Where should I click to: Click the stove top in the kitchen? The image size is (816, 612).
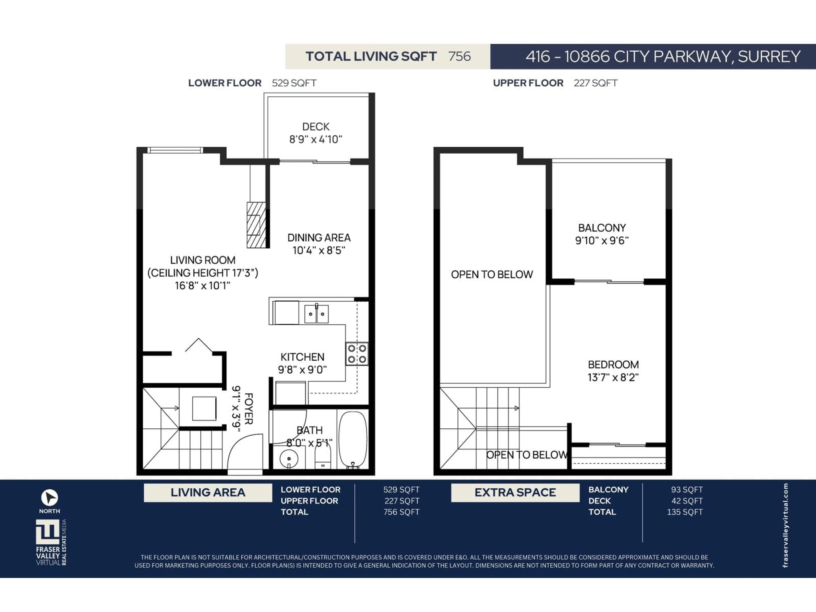tap(357, 353)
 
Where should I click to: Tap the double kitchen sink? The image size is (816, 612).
tap(316, 314)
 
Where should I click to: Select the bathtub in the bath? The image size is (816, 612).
tap(353, 440)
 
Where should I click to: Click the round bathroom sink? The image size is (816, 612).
tap(289, 459)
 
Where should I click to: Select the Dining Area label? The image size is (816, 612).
tap(319, 238)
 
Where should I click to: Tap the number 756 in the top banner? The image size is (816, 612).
tap(459, 57)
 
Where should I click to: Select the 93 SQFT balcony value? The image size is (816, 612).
tap(687, 490)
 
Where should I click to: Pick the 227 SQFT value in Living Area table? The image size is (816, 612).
tap(401, 501)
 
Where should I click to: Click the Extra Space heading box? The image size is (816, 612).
tap(515, 493)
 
